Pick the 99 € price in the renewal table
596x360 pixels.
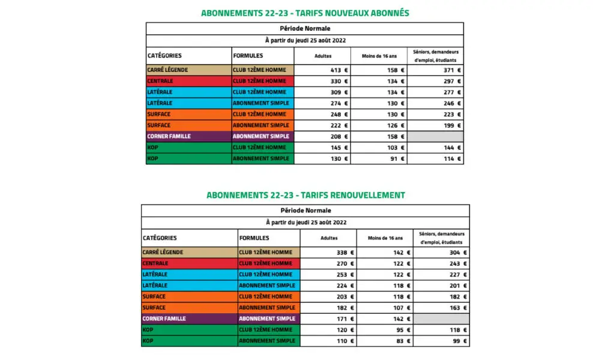(459, 341)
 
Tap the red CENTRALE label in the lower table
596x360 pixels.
(155, 263)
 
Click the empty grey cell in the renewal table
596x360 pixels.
(441, 319)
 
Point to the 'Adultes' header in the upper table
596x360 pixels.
(323, 56)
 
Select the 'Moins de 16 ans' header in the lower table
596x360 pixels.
(385, 238)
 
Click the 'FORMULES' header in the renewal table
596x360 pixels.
(254, 238)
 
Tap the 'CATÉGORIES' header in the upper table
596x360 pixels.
(164, 56)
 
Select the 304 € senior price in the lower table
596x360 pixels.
(459, 253)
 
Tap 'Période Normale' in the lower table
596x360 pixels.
(306, 211)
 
